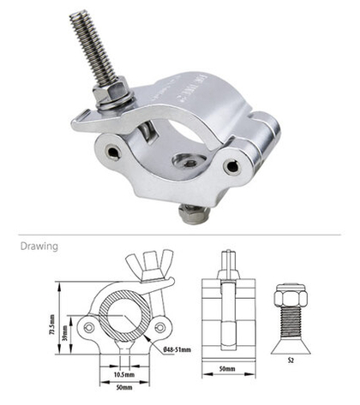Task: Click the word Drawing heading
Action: click(39, 247)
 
